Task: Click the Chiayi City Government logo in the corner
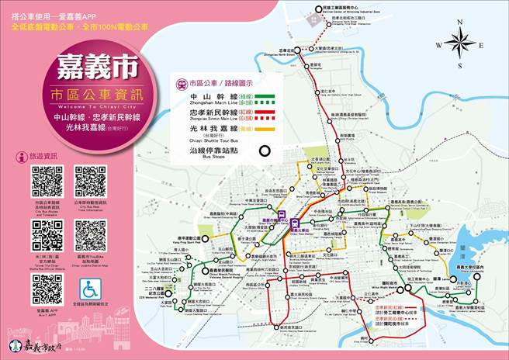tap(14, 344)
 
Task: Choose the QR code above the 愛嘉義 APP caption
tap(47, 289)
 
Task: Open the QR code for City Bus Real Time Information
tap(91, 181)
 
